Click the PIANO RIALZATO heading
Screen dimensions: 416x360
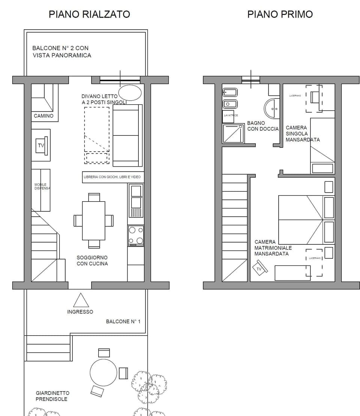pos(89,14)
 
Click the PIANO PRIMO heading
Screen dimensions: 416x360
pos(280,14)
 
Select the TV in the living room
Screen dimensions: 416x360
pos(41,145)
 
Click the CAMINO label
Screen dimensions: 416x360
pos(43,116)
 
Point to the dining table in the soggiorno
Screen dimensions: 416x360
pos(93,220)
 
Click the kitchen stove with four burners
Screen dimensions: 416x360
pos(136,236)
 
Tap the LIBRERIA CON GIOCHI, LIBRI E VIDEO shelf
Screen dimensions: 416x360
pos(113,177)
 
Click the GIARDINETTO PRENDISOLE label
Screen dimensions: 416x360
pos(52,396)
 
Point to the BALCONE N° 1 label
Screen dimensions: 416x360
pos(123,322)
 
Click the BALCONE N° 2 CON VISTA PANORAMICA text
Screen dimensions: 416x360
pos(61,52)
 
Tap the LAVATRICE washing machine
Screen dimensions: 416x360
pos(231,116)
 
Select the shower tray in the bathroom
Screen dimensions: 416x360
pos(233,133)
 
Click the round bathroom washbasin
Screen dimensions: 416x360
pos(272,109)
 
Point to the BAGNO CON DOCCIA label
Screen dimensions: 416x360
pos(263,126)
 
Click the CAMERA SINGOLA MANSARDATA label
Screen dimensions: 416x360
pos(302,134)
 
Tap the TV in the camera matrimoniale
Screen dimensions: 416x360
pos(259,268)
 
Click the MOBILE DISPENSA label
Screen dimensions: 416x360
pos(42,187)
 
